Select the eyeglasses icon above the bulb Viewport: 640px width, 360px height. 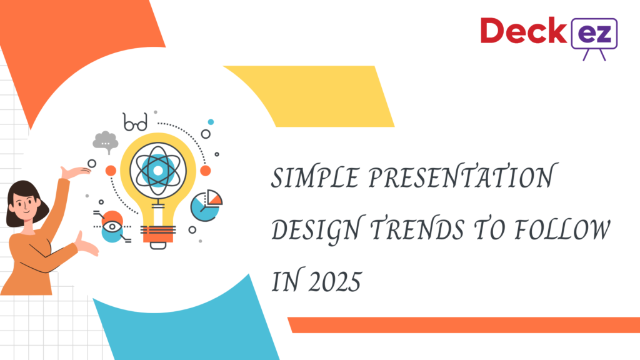[x=135, y=122]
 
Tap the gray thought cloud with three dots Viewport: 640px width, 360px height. [x=105, y=141]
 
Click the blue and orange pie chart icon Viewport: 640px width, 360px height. [x=207, y=205]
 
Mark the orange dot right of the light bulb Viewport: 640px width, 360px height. [x=205, y=171]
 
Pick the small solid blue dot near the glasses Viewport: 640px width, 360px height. [x=211, y=122]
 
